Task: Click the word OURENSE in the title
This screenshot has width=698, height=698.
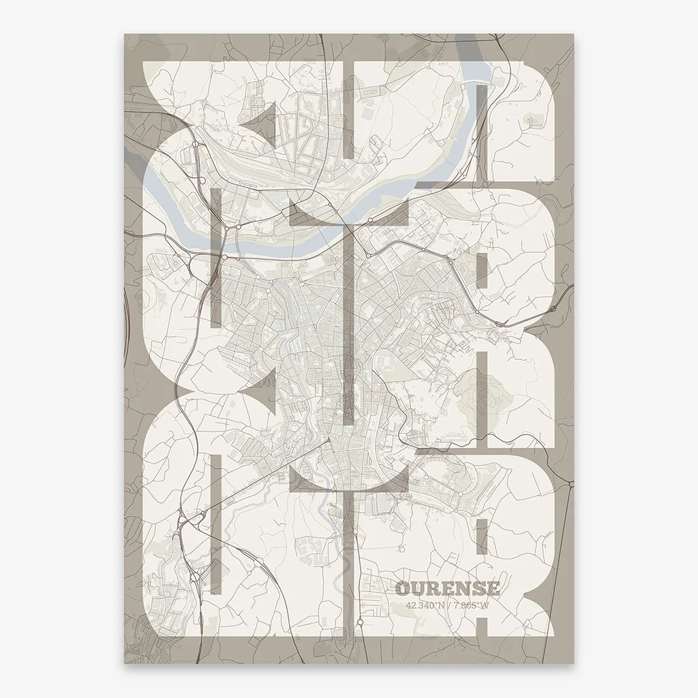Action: coord(447,589)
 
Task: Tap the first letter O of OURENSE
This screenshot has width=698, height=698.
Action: coord(401,589)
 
